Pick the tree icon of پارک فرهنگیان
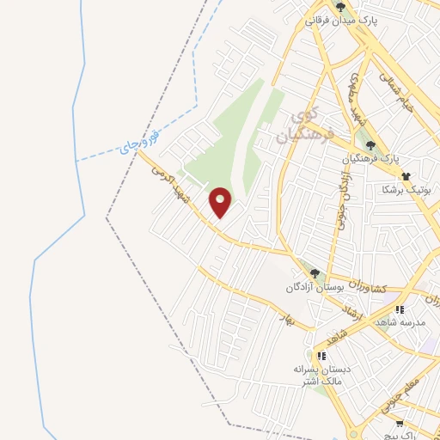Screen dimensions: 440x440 coord(370,144)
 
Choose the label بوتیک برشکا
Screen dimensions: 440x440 coord(412,186)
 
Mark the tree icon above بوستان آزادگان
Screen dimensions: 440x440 coord(315,273)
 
